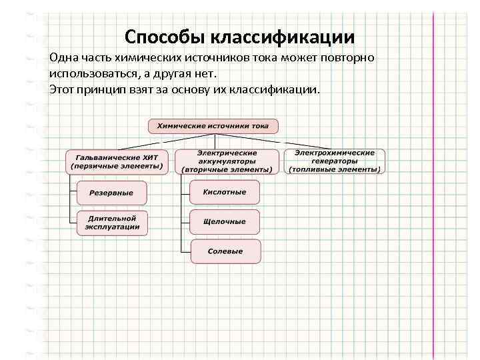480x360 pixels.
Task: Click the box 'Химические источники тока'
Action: point(213,125)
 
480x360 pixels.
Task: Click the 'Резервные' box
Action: point(111,193)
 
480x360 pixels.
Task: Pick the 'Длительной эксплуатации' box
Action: point(111,223)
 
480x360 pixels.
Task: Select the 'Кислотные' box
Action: point(226,192)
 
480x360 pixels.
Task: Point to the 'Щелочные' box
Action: point(226,221)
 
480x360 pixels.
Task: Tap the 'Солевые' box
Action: point(226,251)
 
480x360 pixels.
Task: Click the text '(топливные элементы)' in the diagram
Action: point(335,169)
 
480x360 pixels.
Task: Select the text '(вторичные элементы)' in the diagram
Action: point(227,169)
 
